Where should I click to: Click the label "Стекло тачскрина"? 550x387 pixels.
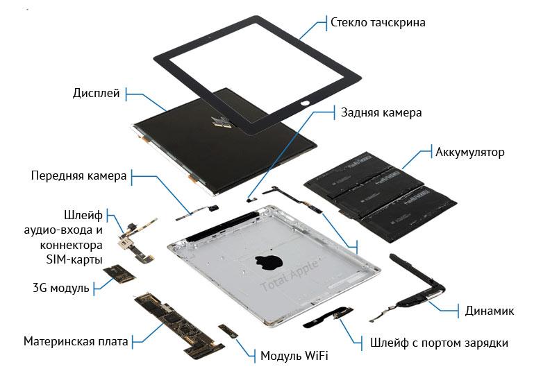[378, 23]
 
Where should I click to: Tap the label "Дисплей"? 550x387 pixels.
[96, 93]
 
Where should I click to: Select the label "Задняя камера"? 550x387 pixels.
[381, 113]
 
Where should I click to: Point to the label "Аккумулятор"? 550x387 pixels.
[469, 153]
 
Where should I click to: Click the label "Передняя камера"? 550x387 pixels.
[78, 175]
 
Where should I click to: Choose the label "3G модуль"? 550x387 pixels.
[61, 289]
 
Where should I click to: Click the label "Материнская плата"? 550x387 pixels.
[76, 341]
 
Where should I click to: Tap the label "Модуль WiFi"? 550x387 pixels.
[294, 356]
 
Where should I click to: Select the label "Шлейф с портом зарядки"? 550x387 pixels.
[439, 343]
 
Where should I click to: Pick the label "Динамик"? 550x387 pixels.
[490, 311]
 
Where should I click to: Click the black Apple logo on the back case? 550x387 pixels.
[269, 261]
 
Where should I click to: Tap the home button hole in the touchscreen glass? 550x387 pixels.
[306, 103]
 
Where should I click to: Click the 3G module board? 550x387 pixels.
[119, 273]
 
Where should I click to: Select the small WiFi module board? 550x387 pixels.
[228, 331]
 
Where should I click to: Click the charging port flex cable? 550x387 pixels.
[328, 317]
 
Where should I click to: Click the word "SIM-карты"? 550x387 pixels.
[74, 260]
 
